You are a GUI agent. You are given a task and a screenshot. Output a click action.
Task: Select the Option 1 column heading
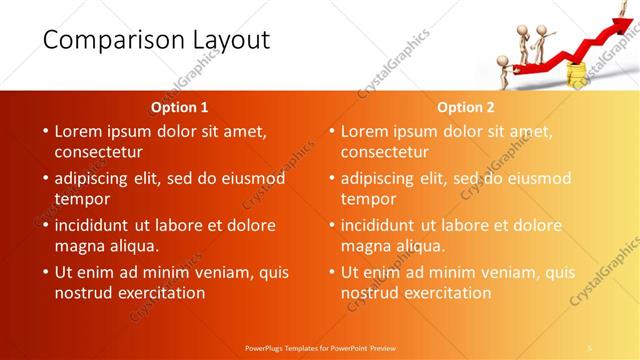click(180, 107)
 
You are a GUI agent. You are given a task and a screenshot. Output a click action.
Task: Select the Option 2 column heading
click(466, 107)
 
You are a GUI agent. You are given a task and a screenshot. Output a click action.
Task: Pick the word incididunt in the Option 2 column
click(383, 225)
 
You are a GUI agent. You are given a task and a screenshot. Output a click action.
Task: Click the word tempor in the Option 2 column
click(368, 199)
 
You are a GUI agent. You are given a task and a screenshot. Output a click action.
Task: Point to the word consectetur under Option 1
click(98, 152)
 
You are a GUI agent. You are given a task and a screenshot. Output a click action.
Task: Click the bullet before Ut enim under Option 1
click(45, 272)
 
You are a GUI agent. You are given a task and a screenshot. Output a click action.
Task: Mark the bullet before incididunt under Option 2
click(331, 225)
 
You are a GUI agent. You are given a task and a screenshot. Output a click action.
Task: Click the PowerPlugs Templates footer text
click(320, 348)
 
